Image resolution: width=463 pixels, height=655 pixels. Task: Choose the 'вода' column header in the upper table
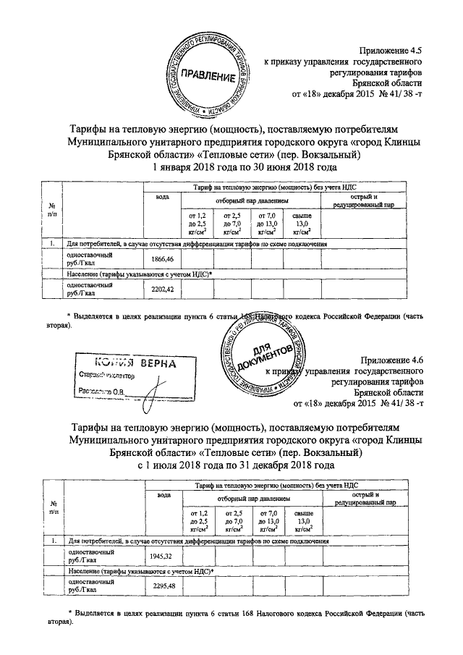tap(163, 197)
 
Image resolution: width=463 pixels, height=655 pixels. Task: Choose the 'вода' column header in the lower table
tap(163, 494)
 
